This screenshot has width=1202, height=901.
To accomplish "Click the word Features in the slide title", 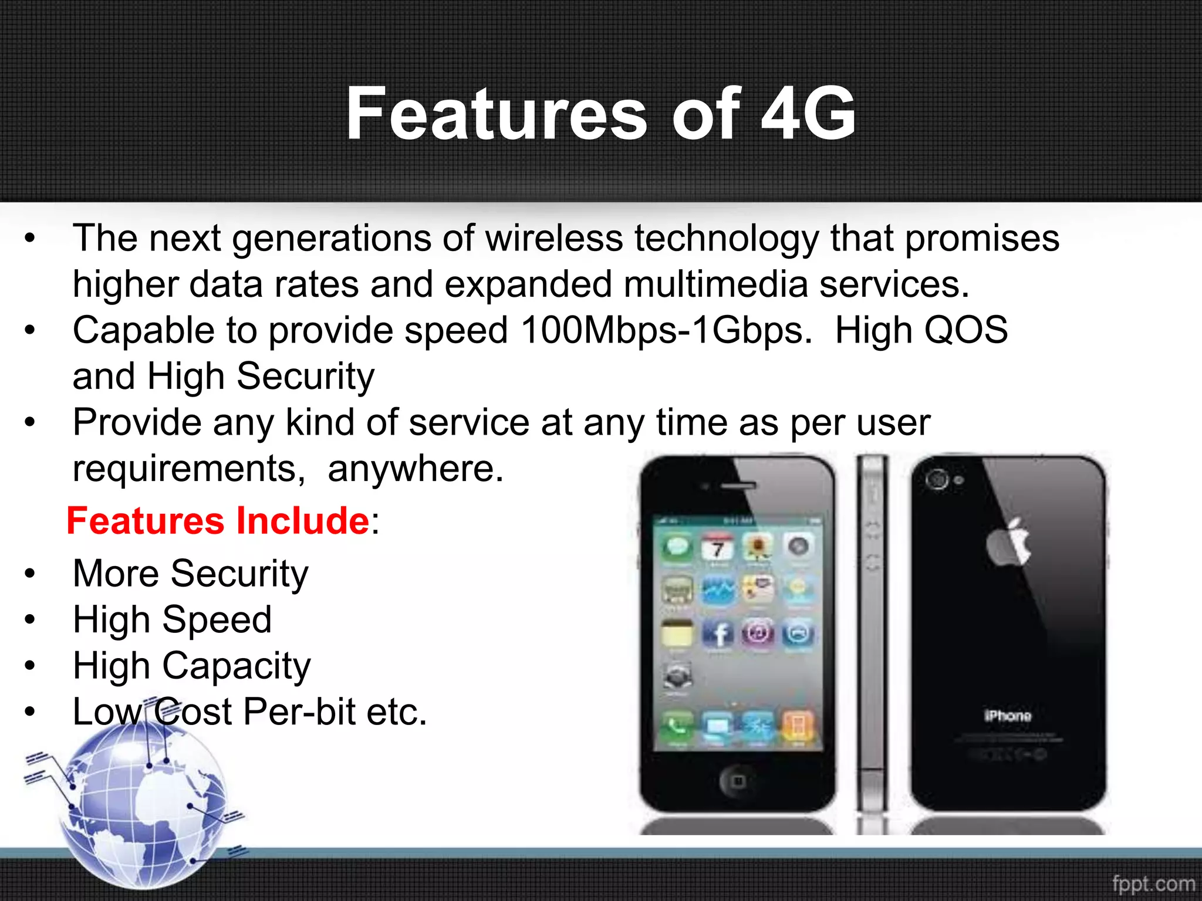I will [x=496, y=114].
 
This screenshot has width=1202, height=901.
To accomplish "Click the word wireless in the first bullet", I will [x=553, y=239].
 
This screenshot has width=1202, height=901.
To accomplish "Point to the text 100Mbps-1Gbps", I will [x=666, y=331].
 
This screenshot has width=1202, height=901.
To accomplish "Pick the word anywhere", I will [x=416, y=469].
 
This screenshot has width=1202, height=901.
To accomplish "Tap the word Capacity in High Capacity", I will [x=236, y=667].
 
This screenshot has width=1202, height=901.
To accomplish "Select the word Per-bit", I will [x=299, y=712].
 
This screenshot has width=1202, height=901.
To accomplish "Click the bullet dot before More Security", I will [x=30, y=574].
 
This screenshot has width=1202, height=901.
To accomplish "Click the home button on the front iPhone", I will [x=738, y=781].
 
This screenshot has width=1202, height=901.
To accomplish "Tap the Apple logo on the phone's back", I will [x=1008, y=542].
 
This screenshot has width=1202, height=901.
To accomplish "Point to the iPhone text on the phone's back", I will [x=1007, y=716].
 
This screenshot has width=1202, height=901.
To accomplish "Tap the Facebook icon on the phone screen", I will [x=718, y=634].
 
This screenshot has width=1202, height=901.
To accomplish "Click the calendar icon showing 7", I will [x=717, y=548].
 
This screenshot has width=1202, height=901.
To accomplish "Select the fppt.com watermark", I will [x=1153, y=883].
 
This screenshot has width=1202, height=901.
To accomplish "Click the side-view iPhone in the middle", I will [x=872, y=634].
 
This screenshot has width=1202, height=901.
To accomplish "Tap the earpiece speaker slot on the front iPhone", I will [x=738, y=486].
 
